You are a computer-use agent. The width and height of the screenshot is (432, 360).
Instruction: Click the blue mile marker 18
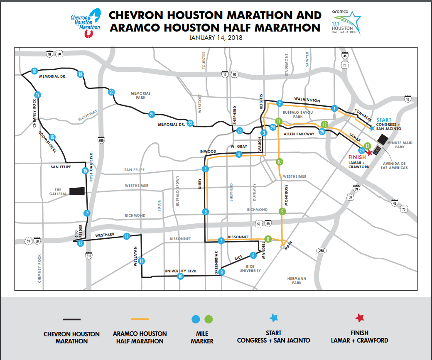pos(34,71)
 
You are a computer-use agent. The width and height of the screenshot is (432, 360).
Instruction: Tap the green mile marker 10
pos(280,162)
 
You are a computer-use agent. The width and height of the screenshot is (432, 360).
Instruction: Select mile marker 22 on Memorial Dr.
pos(190,123)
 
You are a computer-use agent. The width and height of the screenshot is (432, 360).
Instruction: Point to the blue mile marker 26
pos(362,150)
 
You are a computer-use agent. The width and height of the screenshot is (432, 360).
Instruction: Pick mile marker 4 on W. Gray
pos(239,154)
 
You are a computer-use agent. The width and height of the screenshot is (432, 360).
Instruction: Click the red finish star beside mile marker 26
pos(369,152)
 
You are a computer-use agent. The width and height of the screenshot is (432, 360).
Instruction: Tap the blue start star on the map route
pos(372,128)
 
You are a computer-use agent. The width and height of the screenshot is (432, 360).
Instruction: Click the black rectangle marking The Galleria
pos(77,191)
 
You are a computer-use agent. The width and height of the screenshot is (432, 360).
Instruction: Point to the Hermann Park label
pos(297,280)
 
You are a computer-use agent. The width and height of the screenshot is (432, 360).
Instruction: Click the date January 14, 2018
pos(216,38)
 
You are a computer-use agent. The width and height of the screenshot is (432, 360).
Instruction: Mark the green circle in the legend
pos(209,319)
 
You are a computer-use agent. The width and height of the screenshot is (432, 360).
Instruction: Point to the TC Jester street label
pos(204,61)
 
